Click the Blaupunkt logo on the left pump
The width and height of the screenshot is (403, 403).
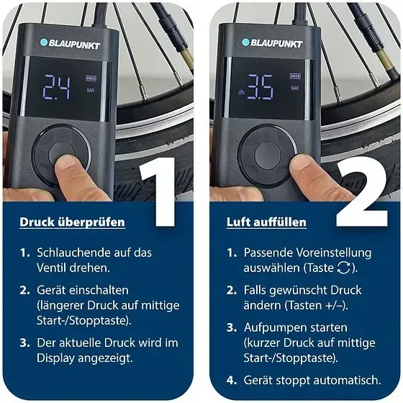click(71, 44)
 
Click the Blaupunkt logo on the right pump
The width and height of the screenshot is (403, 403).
click(272, 43)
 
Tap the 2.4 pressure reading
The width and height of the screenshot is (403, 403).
click(56, 87)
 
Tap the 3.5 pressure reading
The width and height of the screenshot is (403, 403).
click(260, 87)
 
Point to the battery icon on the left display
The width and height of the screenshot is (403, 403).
click(91, 78)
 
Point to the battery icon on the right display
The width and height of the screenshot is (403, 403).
click(295, 76)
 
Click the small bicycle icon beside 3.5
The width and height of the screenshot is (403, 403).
click(241, 92)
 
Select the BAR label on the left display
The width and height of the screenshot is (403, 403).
click(91, 91)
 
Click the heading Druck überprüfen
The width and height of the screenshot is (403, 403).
click(72, 222)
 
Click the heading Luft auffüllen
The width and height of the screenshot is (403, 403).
click(266, 222)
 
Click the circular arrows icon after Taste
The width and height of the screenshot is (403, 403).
click(344, 268)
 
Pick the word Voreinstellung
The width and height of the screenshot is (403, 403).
click(334, 253)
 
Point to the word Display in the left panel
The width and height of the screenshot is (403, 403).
click(55, 358)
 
